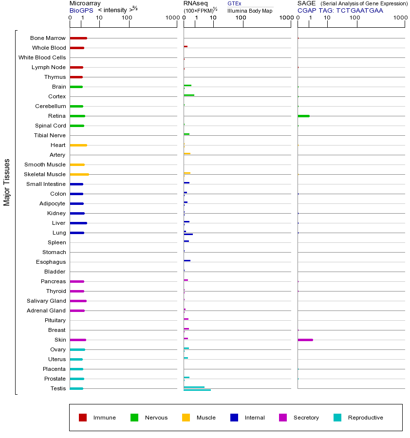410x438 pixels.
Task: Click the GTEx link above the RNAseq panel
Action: tap(234, 3)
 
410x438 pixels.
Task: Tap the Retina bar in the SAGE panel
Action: tap(303, 116)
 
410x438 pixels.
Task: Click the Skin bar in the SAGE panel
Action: tap(305, 340)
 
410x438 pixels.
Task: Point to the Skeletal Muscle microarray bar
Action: tap(79, 174)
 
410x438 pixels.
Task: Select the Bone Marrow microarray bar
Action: tap(78, 38)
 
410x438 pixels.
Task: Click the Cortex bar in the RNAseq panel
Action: tap(189, 95)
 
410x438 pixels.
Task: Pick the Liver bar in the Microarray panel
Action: tap(78, 223)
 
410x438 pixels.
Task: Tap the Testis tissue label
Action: tap(58, 388)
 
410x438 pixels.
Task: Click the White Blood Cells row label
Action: tap(42, 57)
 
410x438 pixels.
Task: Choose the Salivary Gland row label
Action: tap(46, 301)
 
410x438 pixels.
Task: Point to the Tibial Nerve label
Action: tap(50, 135)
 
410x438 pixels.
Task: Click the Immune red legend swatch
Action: tap(83, 418)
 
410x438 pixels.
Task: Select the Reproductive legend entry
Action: tap(365, 418)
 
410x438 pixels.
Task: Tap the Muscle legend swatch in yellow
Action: tap(186, 418)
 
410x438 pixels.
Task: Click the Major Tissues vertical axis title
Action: tap(7, 182)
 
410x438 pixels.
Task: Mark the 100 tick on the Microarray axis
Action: tap(127, 18)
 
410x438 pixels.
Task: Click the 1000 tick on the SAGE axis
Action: tap(400, 18)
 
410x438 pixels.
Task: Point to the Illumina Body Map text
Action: tap(250, 11)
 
